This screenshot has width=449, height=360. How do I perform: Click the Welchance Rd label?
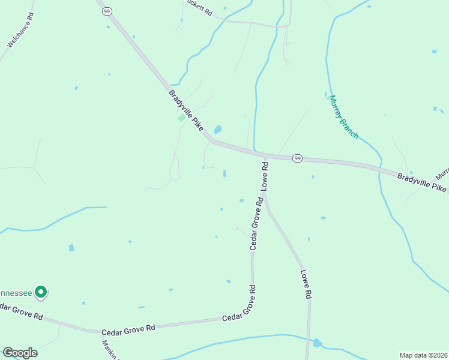click(20, 29)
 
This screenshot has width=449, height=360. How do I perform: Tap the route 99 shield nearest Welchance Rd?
click(106, 11)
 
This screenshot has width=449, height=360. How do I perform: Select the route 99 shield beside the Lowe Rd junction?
click(297, 158)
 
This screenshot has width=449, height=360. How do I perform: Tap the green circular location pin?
click(41, 292)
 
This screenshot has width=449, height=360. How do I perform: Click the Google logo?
click(20, 353)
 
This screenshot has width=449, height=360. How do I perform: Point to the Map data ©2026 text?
click(423, 355)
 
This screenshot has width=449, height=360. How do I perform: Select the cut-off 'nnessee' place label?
click(15, 293)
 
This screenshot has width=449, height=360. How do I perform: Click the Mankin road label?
click(110, 350)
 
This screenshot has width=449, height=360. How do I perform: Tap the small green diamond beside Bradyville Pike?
click(181, 118)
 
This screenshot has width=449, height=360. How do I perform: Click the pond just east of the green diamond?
click(217, 129)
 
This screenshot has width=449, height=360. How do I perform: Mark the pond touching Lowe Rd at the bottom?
click(317, 343)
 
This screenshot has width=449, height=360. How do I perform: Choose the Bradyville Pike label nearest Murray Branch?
click(421, 181)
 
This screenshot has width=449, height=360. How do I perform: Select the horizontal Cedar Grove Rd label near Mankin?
click(128, 328)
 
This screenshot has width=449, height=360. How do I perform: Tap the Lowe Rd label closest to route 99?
click(264, 175)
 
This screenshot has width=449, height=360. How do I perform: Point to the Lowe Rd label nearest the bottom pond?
click(306, 284)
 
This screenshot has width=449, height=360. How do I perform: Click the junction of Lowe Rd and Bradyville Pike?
click(264, 156)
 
